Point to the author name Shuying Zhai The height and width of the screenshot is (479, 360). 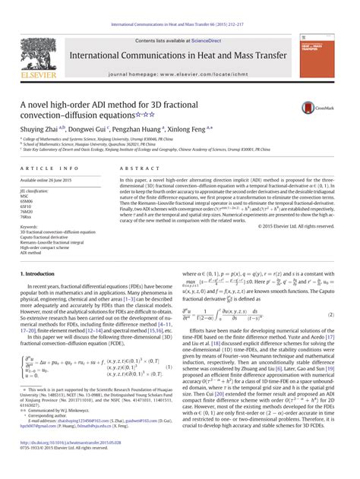(39, 130)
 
